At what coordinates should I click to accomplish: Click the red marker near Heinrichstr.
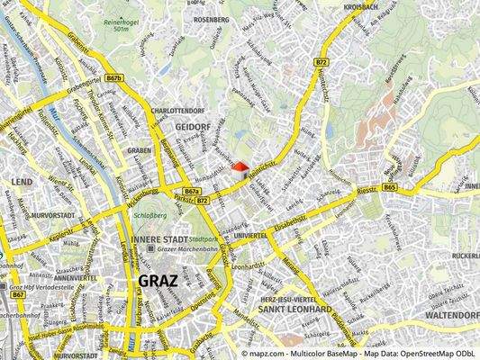[x=239, y=167]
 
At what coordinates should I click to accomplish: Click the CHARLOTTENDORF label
[x=180, y=110]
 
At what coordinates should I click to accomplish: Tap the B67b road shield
[x=114, y=78]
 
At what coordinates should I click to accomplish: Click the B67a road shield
[x=191, y=191]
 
